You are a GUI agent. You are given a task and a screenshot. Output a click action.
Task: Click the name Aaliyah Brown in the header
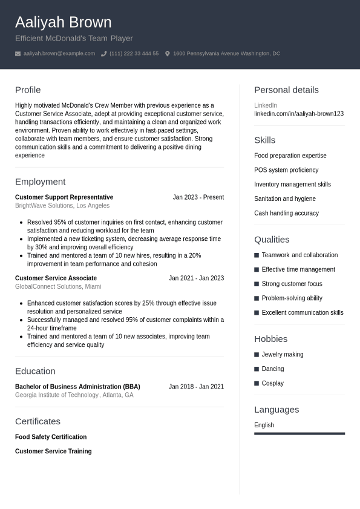(x=63, y=22)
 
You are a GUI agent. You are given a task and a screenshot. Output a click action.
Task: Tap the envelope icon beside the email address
(x=18, y=54)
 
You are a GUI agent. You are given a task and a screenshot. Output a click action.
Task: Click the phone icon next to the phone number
(x=103, y=54)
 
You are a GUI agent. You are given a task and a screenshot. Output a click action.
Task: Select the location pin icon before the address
(x=168, y=54)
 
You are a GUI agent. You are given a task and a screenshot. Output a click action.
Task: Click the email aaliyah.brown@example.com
(x=59, y=54)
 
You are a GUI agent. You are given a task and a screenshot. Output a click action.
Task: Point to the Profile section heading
(x=28, y=90)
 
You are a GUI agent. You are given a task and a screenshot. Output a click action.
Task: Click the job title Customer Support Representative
(x=64, y=197)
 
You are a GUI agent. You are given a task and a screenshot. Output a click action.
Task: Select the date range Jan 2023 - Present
(x=198, y=197)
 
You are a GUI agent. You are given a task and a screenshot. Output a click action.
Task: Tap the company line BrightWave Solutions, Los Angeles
(x=62, y=206)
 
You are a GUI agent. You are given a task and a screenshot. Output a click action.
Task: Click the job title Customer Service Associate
(x=56, y=278)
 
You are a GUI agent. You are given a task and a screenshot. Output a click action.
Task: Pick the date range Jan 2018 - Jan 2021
(x=196, y=387)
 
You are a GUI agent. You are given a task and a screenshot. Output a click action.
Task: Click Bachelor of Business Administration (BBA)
(x=77, y=387)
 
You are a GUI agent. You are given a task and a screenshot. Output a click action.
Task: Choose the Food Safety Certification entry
(x=51, y=437)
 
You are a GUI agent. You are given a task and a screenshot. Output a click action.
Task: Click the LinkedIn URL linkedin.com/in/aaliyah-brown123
(x=299, y=114)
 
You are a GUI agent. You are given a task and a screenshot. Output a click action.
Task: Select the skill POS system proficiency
(x=286, y=170)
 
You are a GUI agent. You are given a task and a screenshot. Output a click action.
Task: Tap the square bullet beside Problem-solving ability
(x=257, y=298)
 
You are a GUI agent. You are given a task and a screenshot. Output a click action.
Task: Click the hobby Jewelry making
(x=283, y=355)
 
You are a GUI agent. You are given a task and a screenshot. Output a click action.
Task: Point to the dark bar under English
(x=299, y=433)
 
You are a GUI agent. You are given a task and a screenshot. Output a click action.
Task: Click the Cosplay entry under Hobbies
(x=272, y=383)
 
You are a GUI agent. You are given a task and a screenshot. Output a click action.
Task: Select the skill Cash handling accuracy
(x=286, y=213)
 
